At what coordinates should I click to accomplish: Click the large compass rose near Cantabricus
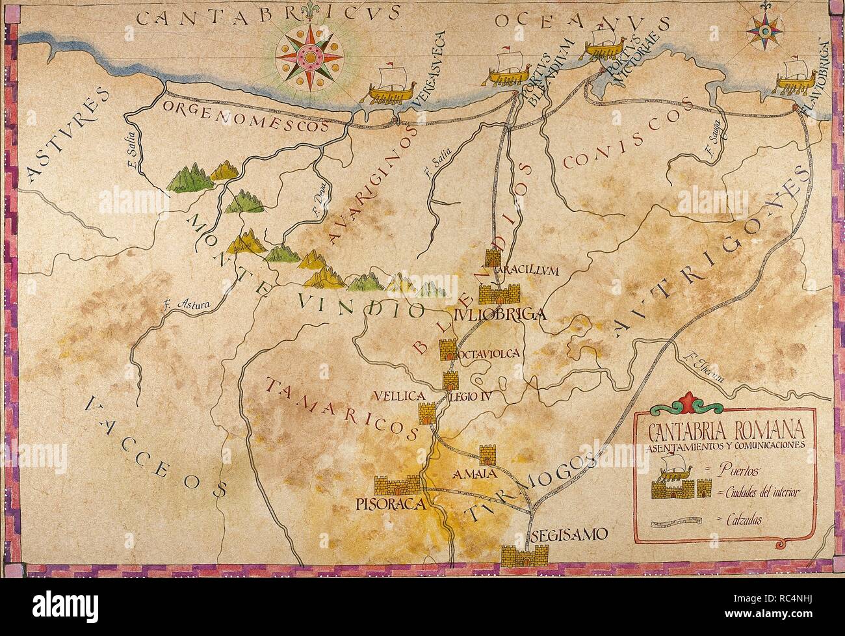pos(309,59)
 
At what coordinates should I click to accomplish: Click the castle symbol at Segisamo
pos(525,555)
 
